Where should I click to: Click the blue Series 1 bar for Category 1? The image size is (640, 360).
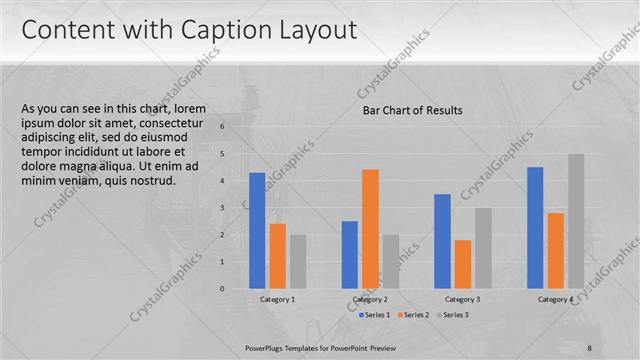pyautogui.click(x=257, y=230)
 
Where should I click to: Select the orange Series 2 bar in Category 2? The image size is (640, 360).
pyautogui.click(x=370, y=229)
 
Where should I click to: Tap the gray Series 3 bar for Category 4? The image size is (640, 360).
pyautogui.click(x=576, y=221)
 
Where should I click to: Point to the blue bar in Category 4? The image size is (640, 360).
pyautogui.click(x=535, y=227)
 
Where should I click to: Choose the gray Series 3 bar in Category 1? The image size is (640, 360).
pyautogui.click(x=298, y=261)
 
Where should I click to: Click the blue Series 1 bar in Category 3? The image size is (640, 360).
pyautogui.click(x=443, y=241)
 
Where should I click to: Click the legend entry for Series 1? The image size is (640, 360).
pyautogui.click(x=375, y=315)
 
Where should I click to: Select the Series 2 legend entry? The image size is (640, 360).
pyautogui.click(x=414, y=315)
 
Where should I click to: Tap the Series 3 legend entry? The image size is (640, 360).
pyautogui.click(x=453, y=315)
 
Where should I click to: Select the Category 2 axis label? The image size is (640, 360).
pyautogui.click(x=370, y=300)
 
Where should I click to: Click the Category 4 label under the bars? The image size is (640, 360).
pyautogui.click(x=555, y=300)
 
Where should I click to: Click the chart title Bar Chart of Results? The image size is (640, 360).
pyautogui.click(x=412, y=111)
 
